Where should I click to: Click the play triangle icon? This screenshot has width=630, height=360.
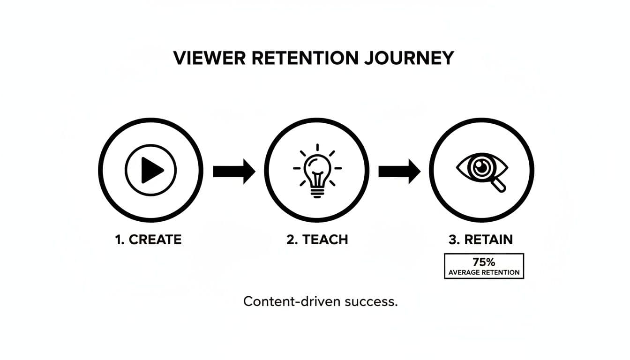pyautogui.click(x=151, y=170)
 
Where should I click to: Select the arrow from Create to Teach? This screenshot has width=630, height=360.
pyautogui.click(x=234, y=172)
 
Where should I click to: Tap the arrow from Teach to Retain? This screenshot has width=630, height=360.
pyautogui.click(x=399, y=172)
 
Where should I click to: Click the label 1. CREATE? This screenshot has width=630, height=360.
pyautogui.click(x=148, y=240)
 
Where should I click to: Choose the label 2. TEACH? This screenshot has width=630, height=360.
pyautogui.click(x=317, y=240)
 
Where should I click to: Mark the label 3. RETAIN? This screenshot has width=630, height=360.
pyautogui.click(x=481, y=240)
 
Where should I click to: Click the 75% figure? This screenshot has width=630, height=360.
pyautogui.click(x=484, y=262)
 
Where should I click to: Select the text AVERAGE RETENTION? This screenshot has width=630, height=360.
pyautogui.click(x=484, y=272)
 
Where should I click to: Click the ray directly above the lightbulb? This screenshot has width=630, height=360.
pyautogui.click(x=317, y=147)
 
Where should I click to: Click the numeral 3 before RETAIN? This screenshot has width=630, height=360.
pyautogui.click(x=452, y=240)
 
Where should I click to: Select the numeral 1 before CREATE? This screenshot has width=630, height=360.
pyautogui.click(x=118, y=240)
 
